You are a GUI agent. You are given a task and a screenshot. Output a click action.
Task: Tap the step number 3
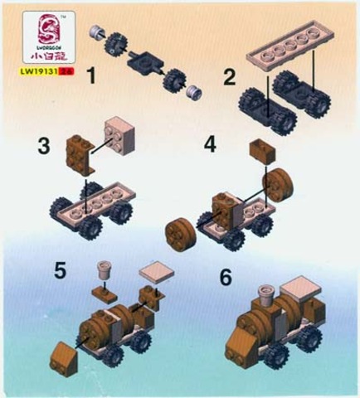44,147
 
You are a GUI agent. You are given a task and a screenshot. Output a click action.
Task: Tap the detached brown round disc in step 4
178,231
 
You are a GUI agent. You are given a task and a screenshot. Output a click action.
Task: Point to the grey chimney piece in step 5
105,269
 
